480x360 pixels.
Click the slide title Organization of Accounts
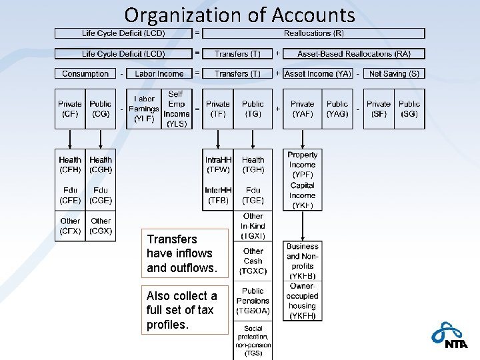239,15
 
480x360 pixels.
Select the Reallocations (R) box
313,33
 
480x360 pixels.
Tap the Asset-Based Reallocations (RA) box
354,53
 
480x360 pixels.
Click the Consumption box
85,73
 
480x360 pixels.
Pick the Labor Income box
159,73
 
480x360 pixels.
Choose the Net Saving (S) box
394,73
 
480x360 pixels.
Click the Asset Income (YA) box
319,73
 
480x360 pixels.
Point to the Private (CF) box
70,109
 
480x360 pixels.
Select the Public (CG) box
101,109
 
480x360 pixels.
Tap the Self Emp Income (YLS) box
176,109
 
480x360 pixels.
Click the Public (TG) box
253,109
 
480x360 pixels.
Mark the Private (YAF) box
302,109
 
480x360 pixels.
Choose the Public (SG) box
409,109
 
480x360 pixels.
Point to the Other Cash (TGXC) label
253,261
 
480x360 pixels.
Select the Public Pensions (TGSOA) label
253,301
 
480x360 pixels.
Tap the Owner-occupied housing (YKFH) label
302,301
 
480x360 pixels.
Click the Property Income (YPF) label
302,165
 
